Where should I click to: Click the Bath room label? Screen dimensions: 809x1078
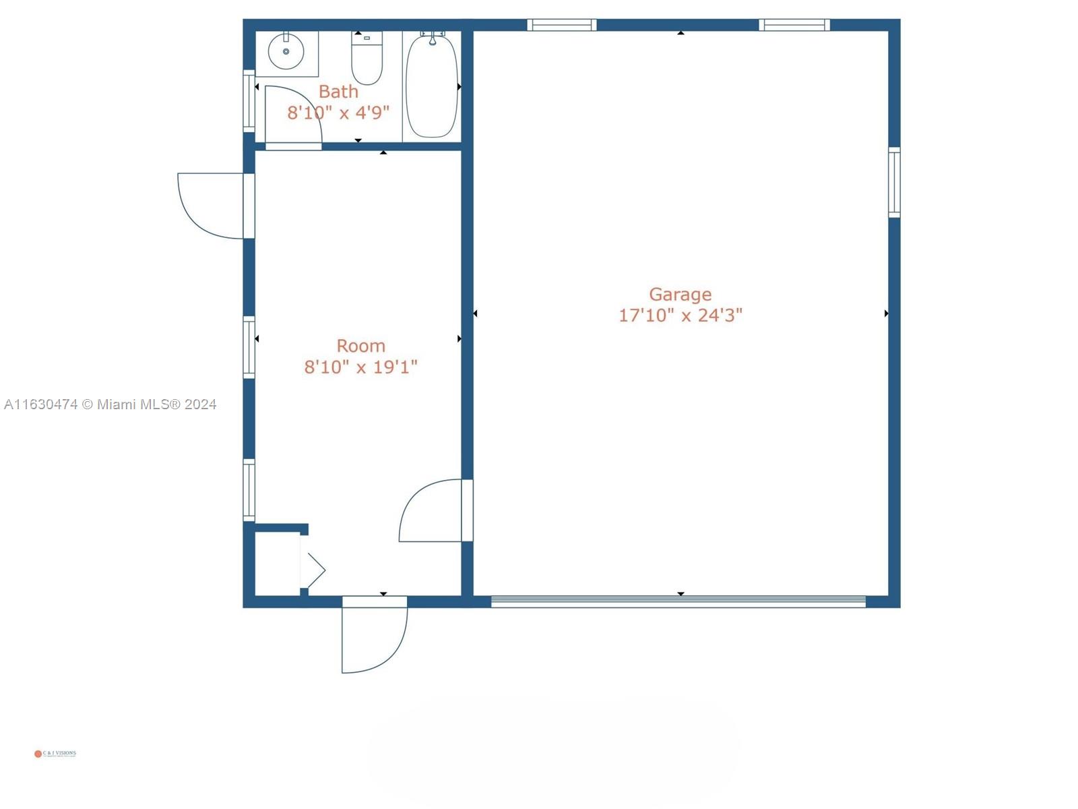pos(338,91)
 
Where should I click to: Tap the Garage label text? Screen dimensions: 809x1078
pos(680,294)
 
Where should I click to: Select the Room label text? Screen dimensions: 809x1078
pos(360,346)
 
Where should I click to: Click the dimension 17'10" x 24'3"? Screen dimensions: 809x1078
pos(680,315)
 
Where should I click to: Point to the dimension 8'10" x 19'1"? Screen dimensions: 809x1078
pos(360,367)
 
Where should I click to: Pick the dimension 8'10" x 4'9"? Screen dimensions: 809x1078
pos(338,112)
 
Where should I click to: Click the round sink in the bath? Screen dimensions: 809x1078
pos(286,51)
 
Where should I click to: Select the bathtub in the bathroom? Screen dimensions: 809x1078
pos(432,86)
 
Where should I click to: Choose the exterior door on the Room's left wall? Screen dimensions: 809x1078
pos(212,206)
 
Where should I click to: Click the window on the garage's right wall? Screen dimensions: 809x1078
pos(894,182)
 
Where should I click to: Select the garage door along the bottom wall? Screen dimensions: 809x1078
pos(678,601)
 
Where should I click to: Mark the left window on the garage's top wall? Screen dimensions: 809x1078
pos(561,25)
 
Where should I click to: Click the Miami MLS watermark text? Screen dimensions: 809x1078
pos(110,404)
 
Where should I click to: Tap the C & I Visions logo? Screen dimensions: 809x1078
pos(55,754)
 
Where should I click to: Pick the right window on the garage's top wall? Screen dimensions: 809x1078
pos(794,25)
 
